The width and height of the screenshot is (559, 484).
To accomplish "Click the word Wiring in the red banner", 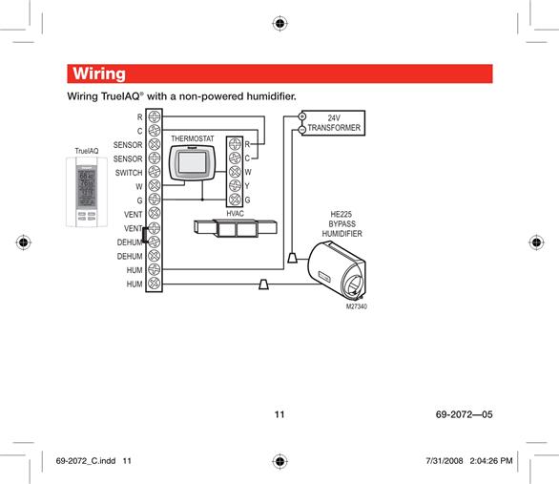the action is [99, 74].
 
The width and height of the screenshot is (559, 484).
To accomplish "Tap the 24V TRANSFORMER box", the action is [333, 123].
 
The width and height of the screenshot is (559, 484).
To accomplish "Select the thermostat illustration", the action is [192, 162].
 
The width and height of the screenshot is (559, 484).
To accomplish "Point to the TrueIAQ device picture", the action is [87, 192].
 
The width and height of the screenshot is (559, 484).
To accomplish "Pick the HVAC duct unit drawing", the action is [236, 228].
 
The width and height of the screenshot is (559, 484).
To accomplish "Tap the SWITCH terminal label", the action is [129, 173].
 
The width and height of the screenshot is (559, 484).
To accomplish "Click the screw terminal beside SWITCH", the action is [155, 172].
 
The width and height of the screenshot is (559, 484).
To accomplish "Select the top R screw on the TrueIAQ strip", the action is [155, 116].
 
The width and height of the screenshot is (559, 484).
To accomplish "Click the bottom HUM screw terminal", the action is [155, 284].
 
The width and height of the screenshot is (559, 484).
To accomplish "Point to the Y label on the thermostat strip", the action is [247, 186].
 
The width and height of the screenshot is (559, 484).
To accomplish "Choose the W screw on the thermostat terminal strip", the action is [235, 172].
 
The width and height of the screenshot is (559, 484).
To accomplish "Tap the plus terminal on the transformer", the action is [302, 116].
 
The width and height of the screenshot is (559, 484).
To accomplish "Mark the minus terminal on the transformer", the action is [302, 130].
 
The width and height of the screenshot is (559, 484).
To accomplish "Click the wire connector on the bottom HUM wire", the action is [264, 284].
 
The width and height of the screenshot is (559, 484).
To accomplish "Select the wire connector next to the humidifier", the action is [292, 258].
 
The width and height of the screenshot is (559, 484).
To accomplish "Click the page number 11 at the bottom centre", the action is [279, 414].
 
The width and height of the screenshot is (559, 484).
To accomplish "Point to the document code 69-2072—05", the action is [465, 414].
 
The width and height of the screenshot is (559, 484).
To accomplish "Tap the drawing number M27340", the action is [357, 306].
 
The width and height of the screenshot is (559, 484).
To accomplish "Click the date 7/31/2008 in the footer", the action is [445, 461].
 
